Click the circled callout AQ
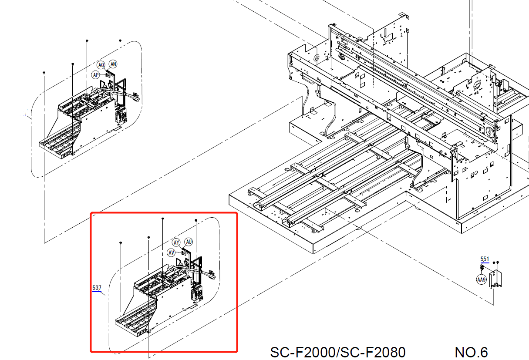[x=101, y=65]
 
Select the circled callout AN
[x=113, y=64]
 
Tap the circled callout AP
[x=96, y=75]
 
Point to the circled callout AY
[x=176, y=242]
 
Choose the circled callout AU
[x=189, y=242]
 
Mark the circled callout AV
[x=171, y=252]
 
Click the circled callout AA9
[x=481, y=280]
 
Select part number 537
[x=97, y=288]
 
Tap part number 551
[x=485, y=259]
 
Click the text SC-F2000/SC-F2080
[x=338, y=353]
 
